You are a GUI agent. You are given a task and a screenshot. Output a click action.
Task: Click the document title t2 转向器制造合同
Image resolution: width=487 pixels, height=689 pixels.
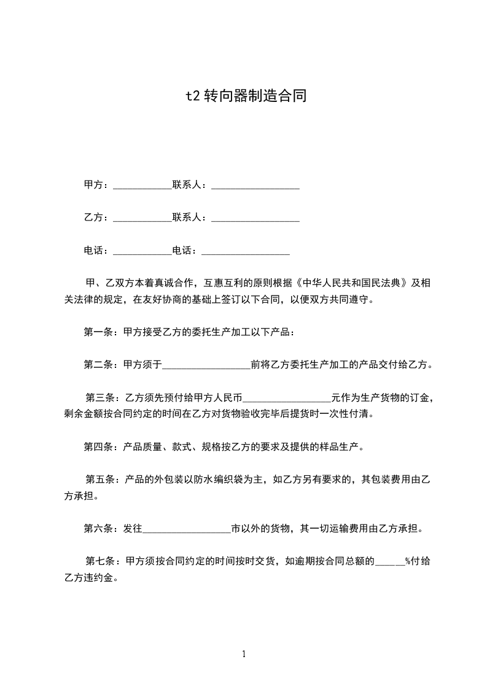pos(246,96)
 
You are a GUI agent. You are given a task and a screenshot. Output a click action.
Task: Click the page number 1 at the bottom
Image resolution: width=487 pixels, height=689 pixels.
pos(244,654)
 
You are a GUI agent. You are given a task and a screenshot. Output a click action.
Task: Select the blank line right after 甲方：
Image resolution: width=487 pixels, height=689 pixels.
pos(142,185)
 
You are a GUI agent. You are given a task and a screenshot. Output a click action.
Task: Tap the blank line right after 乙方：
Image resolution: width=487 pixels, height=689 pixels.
pos(142,218)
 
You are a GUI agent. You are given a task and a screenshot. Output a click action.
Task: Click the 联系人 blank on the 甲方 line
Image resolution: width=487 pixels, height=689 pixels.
pos(255,185)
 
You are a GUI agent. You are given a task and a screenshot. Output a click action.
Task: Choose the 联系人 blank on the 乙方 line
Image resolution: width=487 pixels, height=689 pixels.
pos(255,218)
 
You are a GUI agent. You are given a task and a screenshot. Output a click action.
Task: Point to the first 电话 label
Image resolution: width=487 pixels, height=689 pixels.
pos(95,251)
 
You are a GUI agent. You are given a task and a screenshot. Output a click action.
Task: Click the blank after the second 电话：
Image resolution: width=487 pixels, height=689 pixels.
pos(245,251)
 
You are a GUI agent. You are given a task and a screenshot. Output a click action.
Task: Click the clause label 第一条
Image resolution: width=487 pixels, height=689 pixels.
pos(97,332)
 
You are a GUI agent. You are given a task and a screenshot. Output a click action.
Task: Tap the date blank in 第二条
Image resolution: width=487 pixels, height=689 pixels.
pos(206,365)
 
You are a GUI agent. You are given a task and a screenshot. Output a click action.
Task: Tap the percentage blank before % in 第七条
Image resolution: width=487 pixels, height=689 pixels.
pos(389,561)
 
